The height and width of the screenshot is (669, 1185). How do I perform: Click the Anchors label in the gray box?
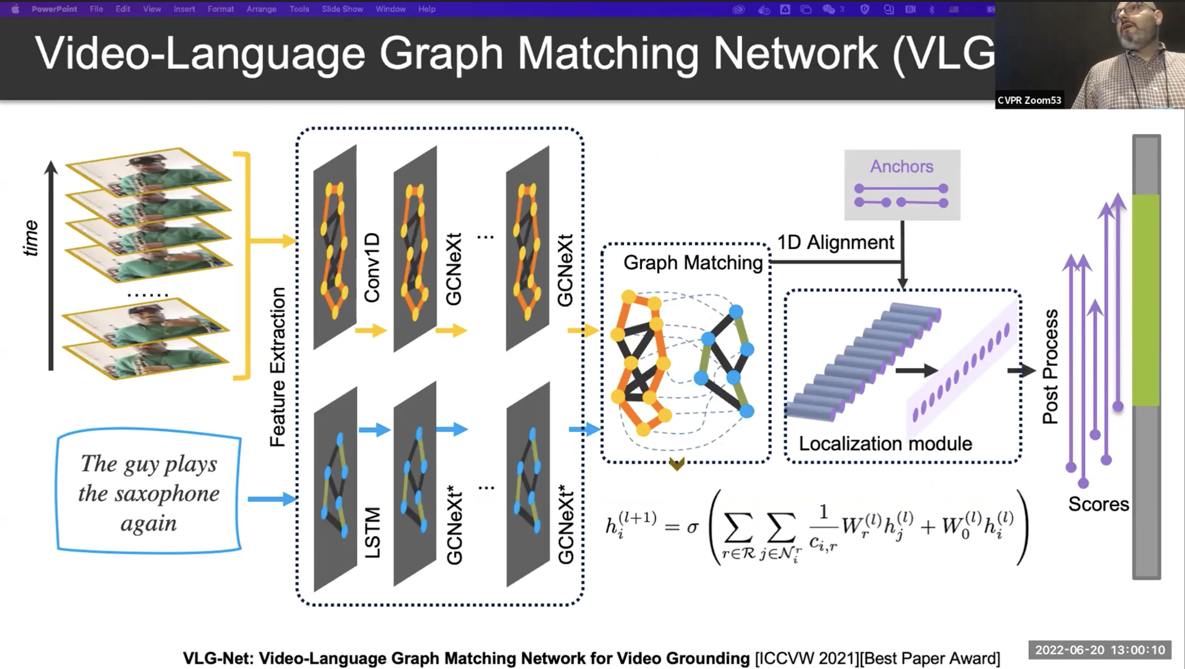(x=901, y=167)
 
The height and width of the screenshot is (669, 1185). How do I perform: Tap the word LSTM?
(x=373, y=532)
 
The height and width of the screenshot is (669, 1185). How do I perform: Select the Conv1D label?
(x=372, y=268)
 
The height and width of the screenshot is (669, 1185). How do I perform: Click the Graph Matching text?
(x=693, y=263)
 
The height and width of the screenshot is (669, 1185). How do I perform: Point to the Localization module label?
(x=885, y=443)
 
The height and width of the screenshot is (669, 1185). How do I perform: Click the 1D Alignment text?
(x=835, y=243)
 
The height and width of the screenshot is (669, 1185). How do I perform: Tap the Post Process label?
(x=1050, y=366)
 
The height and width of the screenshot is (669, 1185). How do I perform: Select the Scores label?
(x=1098, y=504)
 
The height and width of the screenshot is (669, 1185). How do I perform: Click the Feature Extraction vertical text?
(x=278, y=366)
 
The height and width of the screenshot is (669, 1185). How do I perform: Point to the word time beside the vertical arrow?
(x=31, y=238)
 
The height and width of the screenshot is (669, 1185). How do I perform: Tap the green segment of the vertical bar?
(x=1146, y=300)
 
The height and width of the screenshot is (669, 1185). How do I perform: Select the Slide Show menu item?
(x=342, y=9)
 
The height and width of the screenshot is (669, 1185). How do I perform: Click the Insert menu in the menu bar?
(x=184, y=9)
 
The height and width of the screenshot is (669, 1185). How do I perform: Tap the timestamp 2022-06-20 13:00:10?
(x=1100, y=650)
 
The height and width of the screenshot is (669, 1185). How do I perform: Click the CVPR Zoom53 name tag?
(x=1029, y=100)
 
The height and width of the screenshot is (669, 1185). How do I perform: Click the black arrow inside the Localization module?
(x=915, y=371)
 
